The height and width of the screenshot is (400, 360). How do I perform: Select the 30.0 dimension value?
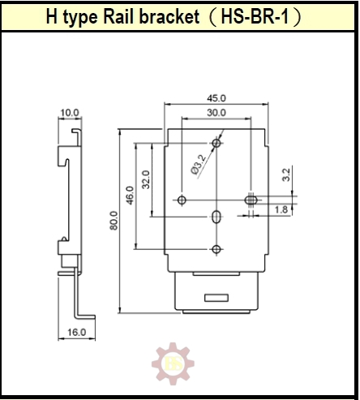coord(216,113)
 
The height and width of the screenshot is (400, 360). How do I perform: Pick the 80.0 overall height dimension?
coord(114,220)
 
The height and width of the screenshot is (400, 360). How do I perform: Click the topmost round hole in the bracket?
coord(216,144)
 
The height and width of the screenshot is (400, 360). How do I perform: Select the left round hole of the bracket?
coord(182,200)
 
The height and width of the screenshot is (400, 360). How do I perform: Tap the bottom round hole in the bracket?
coord(216,249)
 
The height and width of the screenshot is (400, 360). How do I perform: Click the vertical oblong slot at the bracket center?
coord(216,217)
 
